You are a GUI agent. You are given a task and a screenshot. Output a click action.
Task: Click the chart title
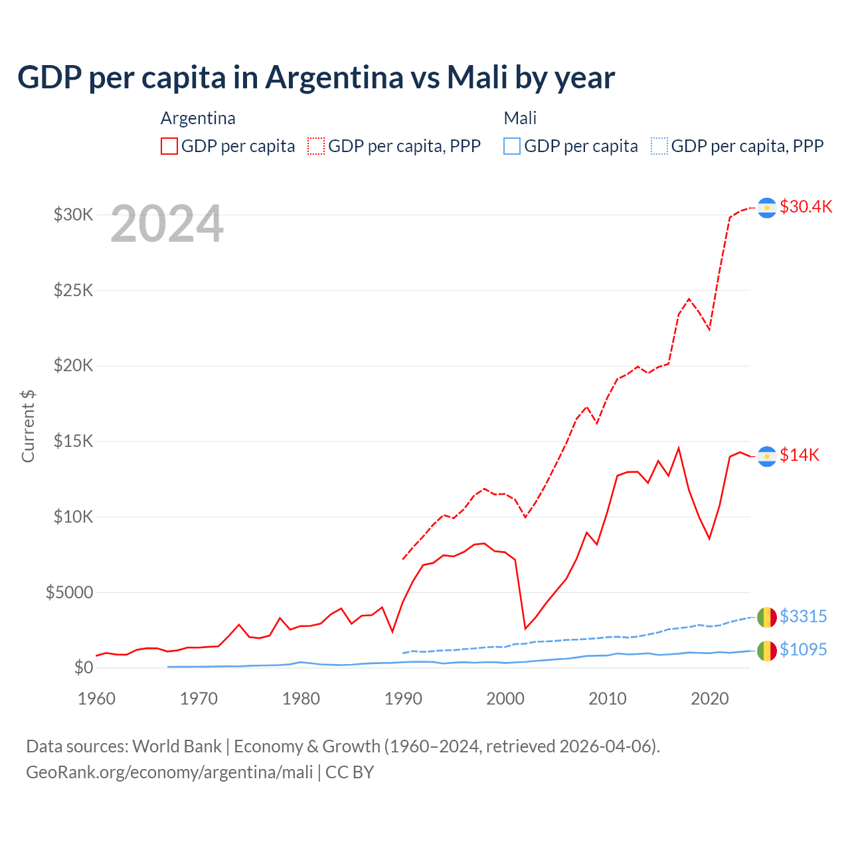point(316,77)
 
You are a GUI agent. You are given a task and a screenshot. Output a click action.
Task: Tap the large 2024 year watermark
point(167,224)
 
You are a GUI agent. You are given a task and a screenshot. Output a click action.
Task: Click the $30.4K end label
point(806,207)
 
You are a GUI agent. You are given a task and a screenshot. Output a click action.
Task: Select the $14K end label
point(799,455)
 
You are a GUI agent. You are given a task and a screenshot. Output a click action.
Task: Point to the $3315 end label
point(803,616)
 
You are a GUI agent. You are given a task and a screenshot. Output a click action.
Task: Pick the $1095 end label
point(803,649)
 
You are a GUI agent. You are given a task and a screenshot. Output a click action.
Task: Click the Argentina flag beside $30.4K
point(767,208)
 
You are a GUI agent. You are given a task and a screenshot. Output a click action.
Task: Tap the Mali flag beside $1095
point(767,651)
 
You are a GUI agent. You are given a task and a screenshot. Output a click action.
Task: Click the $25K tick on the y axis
point(74,290)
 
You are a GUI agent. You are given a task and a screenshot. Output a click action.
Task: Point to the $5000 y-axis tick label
point(70,592)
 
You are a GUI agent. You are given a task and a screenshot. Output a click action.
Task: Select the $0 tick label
point(84,667)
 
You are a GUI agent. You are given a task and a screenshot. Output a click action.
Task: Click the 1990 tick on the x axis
point(403,699)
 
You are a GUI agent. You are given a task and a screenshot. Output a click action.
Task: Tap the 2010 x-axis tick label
point(608,699)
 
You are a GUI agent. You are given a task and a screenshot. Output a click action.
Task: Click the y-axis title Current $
point(28,426)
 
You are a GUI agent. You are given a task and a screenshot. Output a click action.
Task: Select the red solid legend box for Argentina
point(169,146)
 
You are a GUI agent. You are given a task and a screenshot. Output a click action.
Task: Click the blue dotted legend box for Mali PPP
point(659,146)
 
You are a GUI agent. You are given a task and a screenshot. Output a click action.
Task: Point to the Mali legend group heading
point(520,118)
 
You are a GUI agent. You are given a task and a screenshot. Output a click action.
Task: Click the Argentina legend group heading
point(198,118)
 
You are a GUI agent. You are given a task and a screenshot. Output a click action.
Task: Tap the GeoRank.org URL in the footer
point(169,772)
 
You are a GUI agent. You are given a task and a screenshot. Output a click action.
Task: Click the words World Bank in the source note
point(177,746)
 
